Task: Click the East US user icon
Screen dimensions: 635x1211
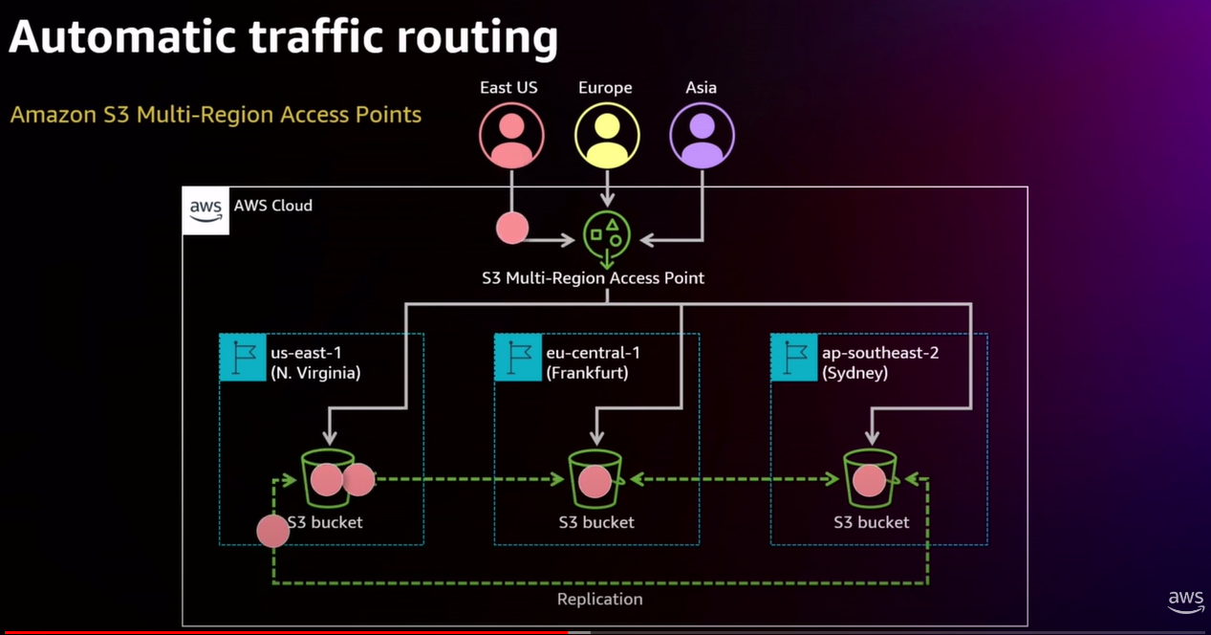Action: (x=511, y=136)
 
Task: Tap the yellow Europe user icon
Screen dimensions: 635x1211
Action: (x=606, y=136)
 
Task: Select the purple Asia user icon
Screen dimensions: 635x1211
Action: (x=702, y=136)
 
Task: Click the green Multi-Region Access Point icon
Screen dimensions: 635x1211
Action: (x=607, y=235)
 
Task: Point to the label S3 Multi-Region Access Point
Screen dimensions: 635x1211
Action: (x=593, y=278)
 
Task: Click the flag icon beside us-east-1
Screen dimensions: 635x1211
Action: (x=243, y=358)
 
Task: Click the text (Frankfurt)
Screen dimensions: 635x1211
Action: (x=587, y=373)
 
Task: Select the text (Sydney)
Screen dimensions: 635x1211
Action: (x=854, y=373)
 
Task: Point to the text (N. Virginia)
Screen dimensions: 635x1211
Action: (x=315, y=373)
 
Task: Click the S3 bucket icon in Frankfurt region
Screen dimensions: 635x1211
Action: (x=595, y=479)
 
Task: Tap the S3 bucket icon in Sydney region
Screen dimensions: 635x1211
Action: (x=870, y=479)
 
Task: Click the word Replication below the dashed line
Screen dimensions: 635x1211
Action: (x=599, y=599)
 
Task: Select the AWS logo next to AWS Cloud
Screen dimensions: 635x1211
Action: (x=205, y=210)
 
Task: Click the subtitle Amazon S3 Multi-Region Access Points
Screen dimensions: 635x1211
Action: (x=215, y=115)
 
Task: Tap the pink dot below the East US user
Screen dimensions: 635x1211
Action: (x=511, y=228)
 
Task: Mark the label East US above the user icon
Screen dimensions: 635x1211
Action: (x=508, y=87)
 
